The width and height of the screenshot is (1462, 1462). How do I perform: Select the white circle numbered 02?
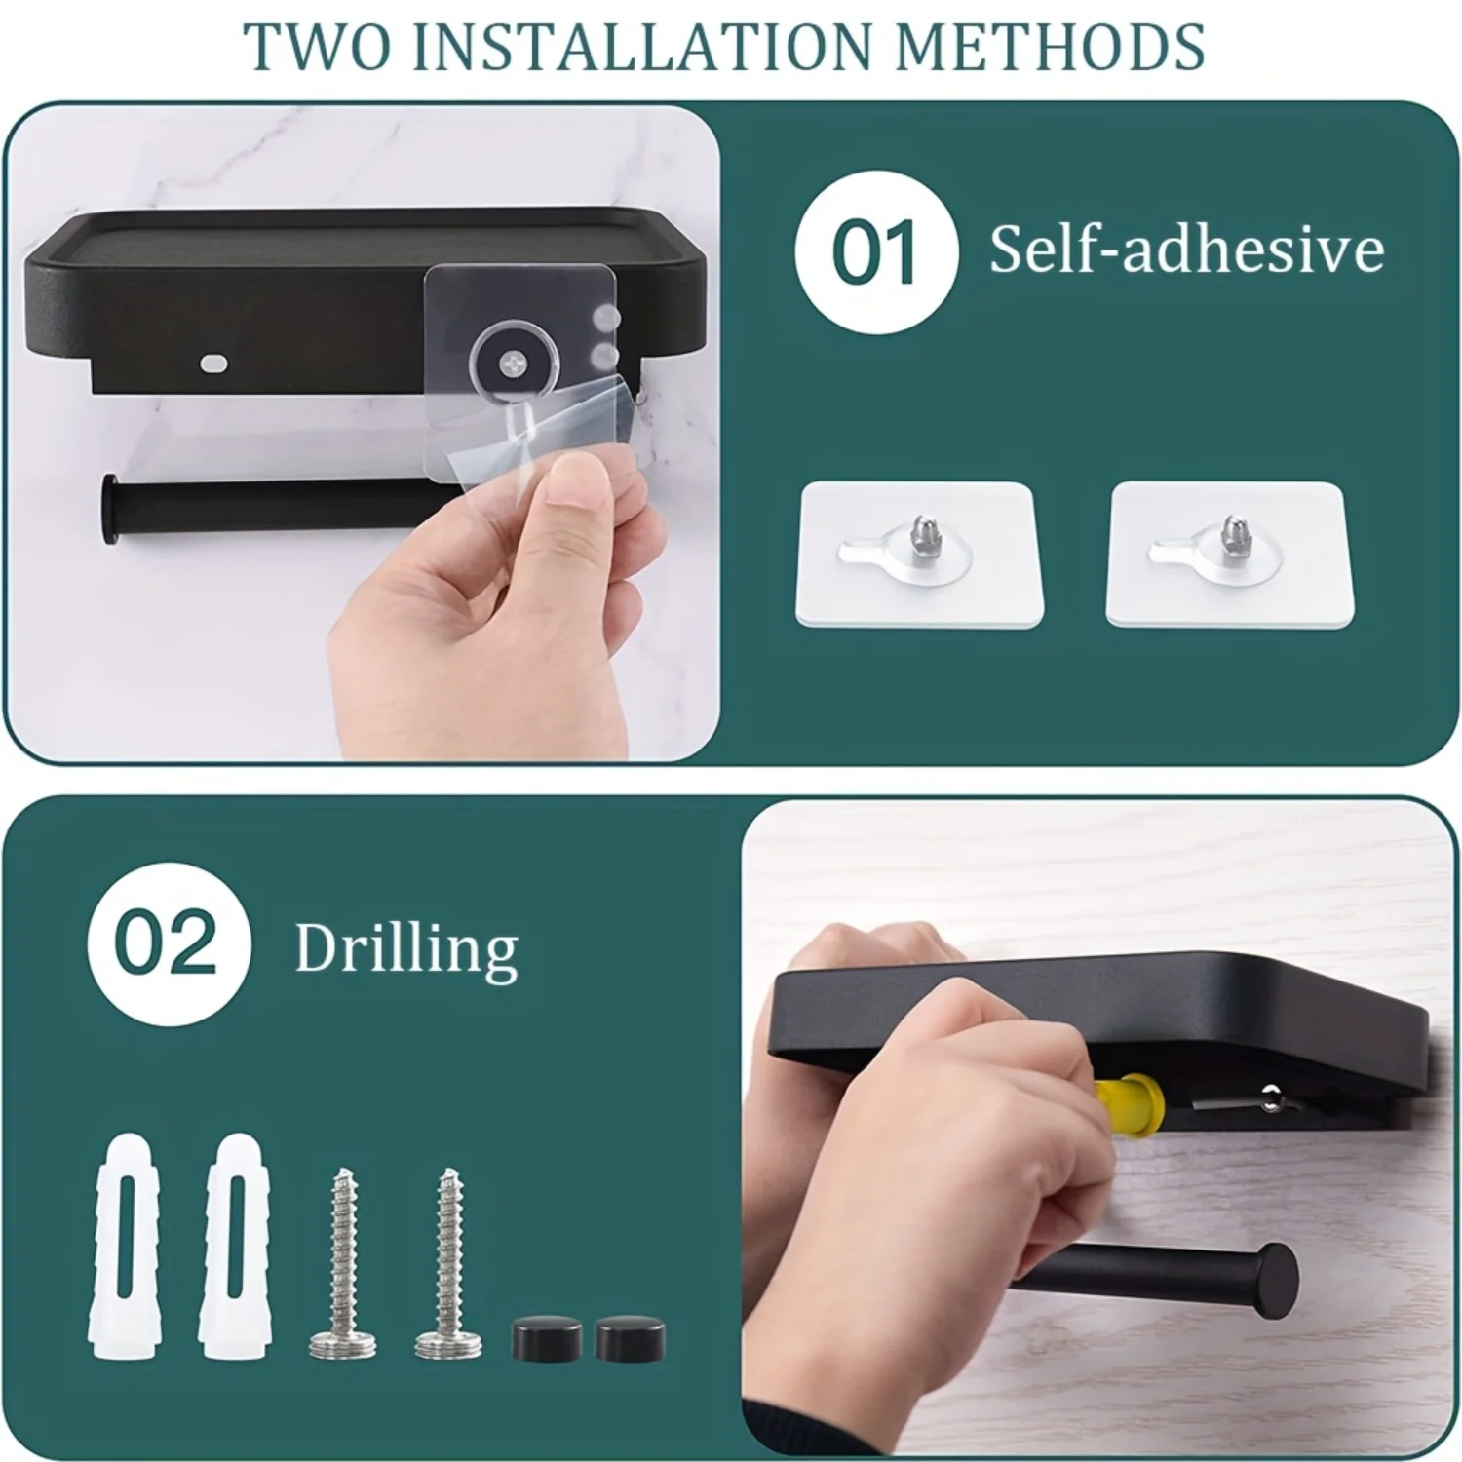168,943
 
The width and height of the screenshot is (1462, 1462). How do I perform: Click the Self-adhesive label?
1186,250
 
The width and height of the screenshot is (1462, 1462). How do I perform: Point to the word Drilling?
406,947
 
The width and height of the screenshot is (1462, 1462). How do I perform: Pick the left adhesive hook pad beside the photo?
917,555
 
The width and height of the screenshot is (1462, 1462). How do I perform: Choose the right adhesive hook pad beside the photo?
1229,555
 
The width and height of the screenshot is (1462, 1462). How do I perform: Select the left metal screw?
342,1263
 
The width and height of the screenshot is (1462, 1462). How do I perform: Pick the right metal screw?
448,1263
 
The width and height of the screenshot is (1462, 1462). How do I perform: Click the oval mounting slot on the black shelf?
213,365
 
